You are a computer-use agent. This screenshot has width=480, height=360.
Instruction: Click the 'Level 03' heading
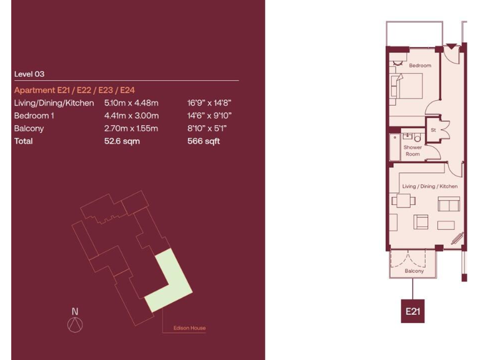click(x=29, y=74)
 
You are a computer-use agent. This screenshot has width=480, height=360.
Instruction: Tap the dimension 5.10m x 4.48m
click(x=131, y=103)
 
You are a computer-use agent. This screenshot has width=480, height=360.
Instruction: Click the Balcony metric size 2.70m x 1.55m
click(x=131, y=129)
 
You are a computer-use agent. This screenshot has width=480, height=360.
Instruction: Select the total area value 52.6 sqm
click(x=122, y=141)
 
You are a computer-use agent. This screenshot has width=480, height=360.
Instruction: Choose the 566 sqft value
click(x=204, y=141)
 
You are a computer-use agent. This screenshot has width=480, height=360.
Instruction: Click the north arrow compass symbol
click(x=75, y=324)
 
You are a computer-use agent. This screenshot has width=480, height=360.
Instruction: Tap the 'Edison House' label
click(x=189, y=328)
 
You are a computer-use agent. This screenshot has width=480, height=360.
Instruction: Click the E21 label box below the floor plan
click(x=412, y=311)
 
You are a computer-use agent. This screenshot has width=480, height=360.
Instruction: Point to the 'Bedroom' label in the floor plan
click(x=420, y=66)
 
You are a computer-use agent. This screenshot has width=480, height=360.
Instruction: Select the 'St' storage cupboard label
click(x=432, y=130)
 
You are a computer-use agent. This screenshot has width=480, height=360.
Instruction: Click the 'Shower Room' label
click(x=412, y=151)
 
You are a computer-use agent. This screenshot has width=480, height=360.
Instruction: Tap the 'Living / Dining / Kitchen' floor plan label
click(x=429, y=186)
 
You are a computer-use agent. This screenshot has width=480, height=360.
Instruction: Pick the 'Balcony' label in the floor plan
click(x=414, y=271)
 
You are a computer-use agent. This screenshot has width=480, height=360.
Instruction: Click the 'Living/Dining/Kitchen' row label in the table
click(x=54, y=103)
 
